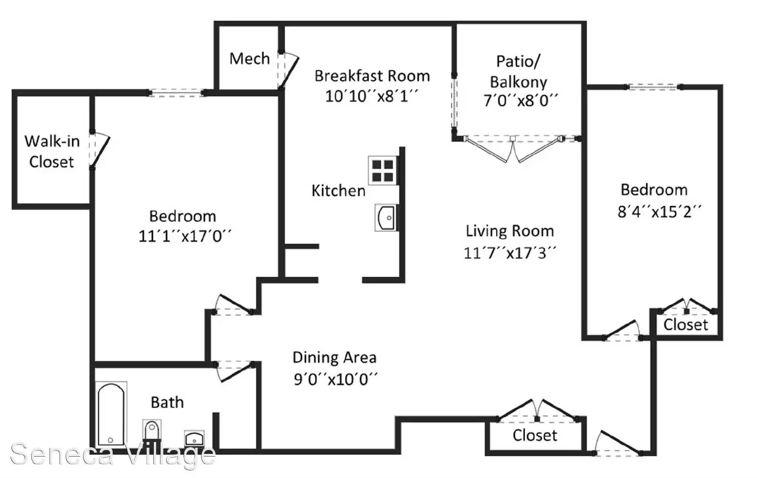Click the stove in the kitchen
coord(383,170)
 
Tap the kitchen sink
coord(386,218)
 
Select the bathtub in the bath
coord(111,415)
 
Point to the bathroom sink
coord(194,438)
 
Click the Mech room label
coord(250,59)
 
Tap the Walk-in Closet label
coord(52,151)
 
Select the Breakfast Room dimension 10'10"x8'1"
coord(371,97)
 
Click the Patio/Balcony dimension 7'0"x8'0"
coord(520,100)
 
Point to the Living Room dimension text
coord(510,253)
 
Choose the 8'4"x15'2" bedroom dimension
coord(660,212)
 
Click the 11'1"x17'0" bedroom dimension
coord(185,236)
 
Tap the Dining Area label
coord(334,357)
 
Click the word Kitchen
coord(339,191)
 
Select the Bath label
coord(167,402)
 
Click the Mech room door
coord(288,70)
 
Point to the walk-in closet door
coord(100,150)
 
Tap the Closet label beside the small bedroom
coord(686,325)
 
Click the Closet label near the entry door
coord(535,435)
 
